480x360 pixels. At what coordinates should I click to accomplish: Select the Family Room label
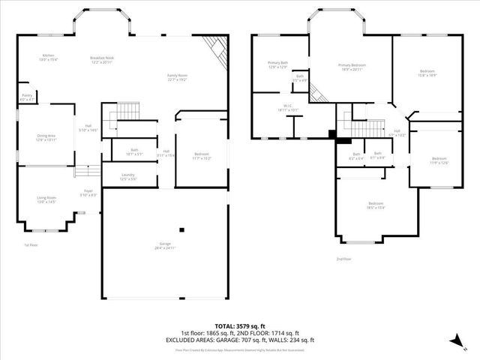tap(178, 77)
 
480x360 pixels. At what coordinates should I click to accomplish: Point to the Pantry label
tap(27, 96)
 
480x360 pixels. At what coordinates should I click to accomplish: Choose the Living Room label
tap(46, 199)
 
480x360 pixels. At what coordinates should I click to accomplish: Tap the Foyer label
tap(88, 193)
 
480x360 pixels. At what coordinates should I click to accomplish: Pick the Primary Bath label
tap(278, 64)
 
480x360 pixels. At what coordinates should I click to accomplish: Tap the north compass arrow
tap(454, 340)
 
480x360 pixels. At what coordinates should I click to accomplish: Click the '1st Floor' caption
tap(31, 244)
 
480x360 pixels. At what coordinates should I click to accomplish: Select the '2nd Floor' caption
tap(343, 259)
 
